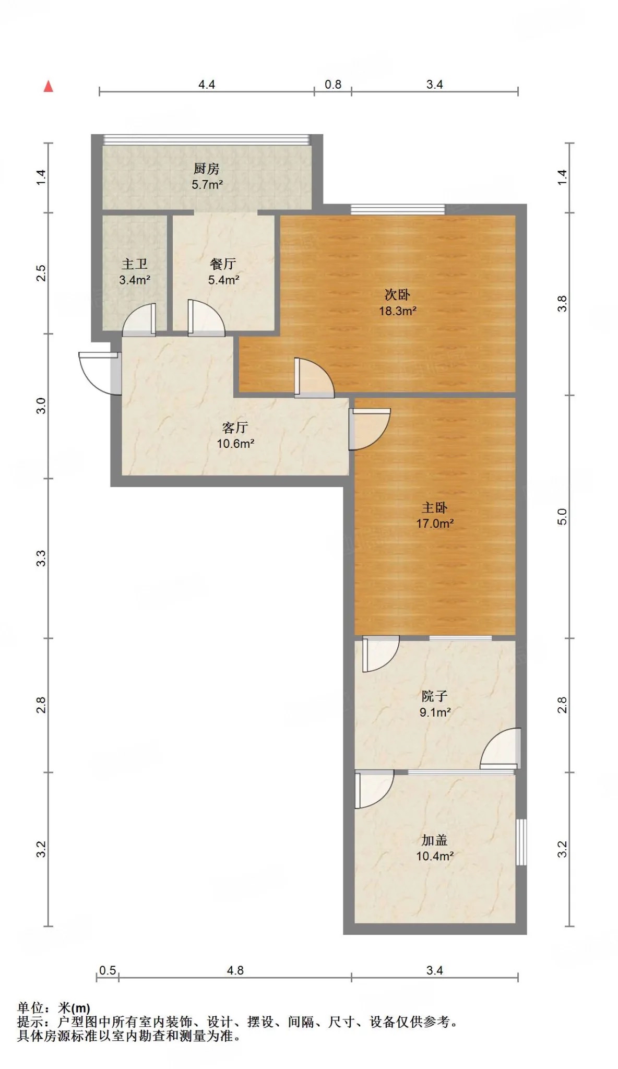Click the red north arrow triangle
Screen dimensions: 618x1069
click(49, 86)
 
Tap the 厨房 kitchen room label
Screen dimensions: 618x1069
click(207, 169)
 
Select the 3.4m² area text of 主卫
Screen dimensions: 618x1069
click(135, 280)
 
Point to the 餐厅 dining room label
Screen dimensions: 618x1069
click(223, 264)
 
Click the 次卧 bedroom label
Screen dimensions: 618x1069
click(397, 295)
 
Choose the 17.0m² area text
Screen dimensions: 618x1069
click(435, 523)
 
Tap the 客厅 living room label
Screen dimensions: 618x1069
click(235, 427)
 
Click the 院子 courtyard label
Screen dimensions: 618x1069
click(435, 696)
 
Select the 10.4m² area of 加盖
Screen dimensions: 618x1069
click(435, 856)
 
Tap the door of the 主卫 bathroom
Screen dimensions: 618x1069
click(139, 319)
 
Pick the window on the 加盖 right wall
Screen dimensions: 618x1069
click(521, 842)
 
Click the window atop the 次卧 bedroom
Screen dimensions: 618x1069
click(398, 209)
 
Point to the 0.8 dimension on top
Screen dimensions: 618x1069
click(333, 85)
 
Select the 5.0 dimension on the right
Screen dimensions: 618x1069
click(562, 517)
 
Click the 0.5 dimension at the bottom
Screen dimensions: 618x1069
click(108, 970)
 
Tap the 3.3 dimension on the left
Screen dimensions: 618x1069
click(41, 558)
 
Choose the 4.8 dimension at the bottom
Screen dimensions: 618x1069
click(235, 970)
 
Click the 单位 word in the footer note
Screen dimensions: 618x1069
click(30, 1007)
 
